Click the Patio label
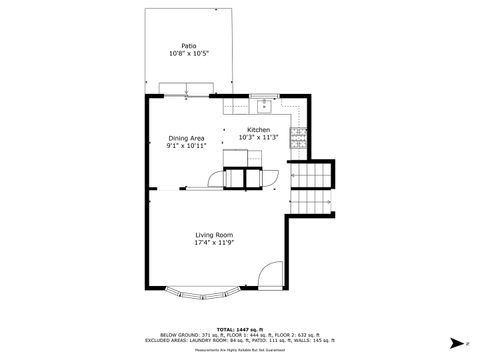(188, 45)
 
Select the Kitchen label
(260, 130)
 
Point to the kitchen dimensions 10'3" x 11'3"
(260, 138)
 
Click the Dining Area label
(186, 138)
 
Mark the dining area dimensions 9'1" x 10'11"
(186, 146)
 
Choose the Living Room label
(215, 235)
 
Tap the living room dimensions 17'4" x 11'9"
(215, 243)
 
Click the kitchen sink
(264, 104)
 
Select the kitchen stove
(297, 139)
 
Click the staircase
(313, 179)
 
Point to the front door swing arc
(270, 275)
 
